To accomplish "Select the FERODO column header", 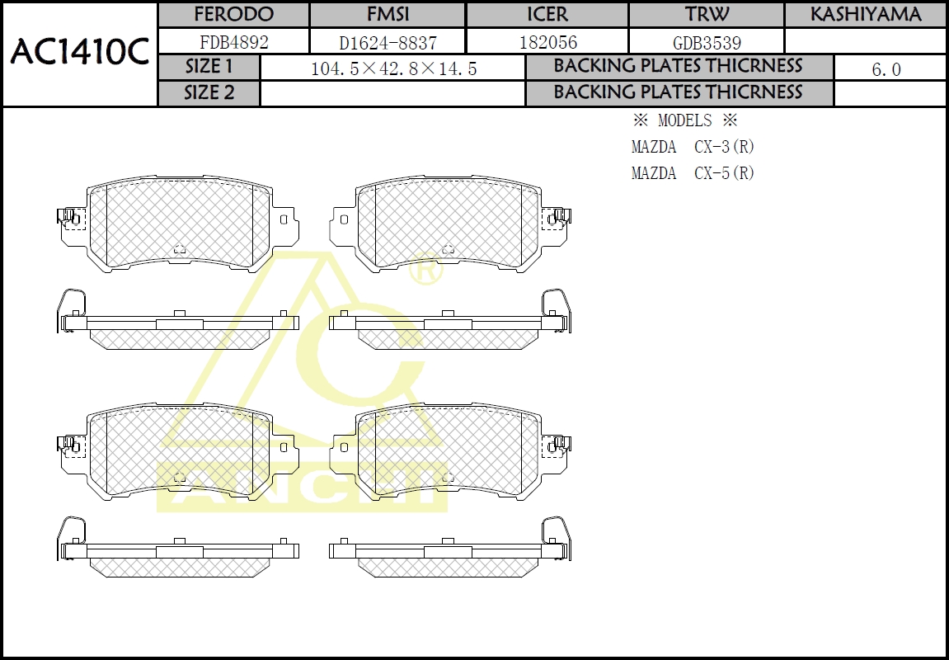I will pyautogui.click(x=233, y=15).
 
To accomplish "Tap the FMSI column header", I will pyautogui.click(x=388, y=15).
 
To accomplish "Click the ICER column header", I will pyautogui.click(x=547, y=15).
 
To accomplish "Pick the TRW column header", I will pyautogui.click(x=706, y=15).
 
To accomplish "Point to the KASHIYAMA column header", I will pyautogui.click(x=865, y=15).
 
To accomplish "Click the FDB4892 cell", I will pyautogui.click(x=233, y=42).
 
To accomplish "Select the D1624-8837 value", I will pyautogui.click(x=388, y=42).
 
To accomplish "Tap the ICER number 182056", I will pyautogui.click(x=547, y=42).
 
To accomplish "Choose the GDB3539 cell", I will pyautogui.click(x=706, y=42).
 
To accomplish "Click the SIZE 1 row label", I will pyautogui.click(x=209, y=68).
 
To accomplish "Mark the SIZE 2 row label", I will pyautogui.click(x=209, y=93).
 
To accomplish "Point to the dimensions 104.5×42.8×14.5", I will pyautogui.click(x=393, y=69).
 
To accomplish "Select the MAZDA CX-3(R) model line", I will pyautogui.click(x=693, y=147).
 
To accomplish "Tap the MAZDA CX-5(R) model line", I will pyautogui.click(x=693, y=173).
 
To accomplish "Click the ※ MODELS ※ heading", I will pyautogui.click(x=684, y=120).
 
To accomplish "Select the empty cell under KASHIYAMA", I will pyautogui.click(x=865, y=42).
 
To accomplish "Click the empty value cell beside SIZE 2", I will pyautogui.click(x=393, y=93).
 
